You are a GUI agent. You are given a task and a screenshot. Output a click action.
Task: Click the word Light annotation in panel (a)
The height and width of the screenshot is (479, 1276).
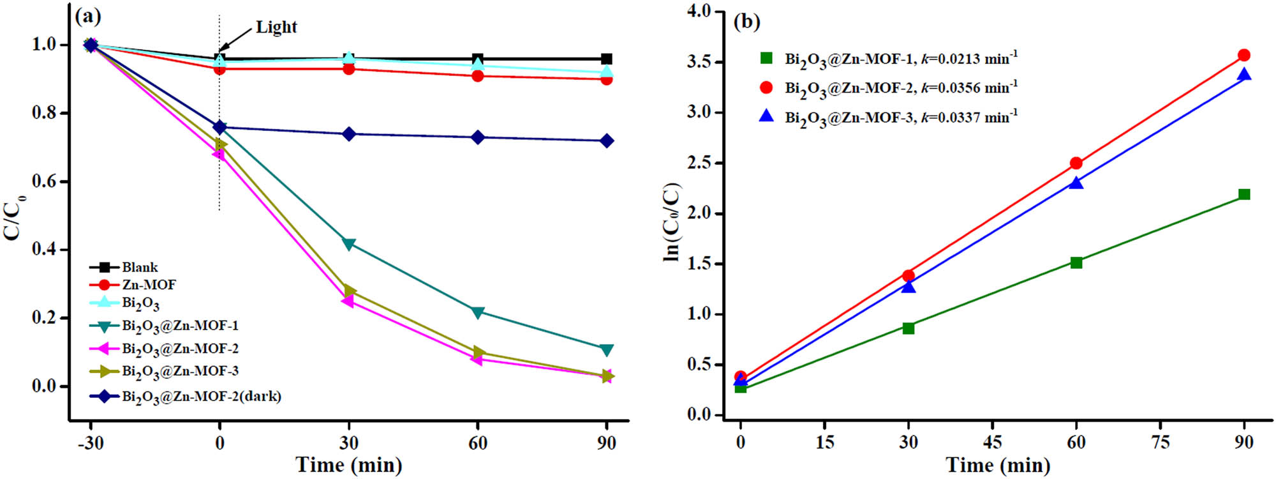276,27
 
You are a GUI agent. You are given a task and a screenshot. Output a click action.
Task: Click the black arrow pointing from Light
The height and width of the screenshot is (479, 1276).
235,40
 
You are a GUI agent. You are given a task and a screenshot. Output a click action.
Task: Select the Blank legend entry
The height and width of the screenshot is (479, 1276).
140,267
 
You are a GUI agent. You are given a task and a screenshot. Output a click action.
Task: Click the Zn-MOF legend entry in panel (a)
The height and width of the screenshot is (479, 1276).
149,285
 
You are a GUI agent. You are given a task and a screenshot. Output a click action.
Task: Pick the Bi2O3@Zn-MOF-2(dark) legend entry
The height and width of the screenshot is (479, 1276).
202,397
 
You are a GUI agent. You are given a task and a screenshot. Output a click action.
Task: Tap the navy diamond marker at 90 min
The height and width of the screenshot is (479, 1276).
607,141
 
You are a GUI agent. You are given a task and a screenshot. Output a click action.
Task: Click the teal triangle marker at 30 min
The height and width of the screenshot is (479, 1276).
349,244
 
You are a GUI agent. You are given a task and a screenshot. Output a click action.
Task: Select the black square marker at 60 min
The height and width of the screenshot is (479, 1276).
478,59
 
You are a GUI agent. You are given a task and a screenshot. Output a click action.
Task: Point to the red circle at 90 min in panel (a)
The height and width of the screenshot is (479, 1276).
607,79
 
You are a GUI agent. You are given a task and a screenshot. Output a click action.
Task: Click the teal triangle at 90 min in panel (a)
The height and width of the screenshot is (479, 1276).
607,349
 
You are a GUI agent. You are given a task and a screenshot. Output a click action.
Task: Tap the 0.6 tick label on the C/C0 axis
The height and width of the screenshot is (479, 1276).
43,181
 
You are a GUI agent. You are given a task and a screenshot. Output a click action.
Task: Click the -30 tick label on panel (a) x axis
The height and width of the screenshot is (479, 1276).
90,443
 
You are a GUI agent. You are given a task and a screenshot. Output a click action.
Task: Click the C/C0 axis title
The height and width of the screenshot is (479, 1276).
14,217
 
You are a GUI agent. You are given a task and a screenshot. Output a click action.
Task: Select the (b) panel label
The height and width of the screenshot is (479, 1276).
746,22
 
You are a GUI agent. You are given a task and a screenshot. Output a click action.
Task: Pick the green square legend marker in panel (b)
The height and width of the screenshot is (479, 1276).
766,58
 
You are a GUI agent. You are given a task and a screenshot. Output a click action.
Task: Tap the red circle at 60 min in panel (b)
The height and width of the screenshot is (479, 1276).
1076,163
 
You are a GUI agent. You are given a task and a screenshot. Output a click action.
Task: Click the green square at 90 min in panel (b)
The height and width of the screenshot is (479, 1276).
1243,194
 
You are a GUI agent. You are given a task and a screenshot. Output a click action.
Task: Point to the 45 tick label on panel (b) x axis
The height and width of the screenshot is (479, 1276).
992,442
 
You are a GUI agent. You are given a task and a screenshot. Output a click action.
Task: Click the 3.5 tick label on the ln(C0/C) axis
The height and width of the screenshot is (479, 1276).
699,62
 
